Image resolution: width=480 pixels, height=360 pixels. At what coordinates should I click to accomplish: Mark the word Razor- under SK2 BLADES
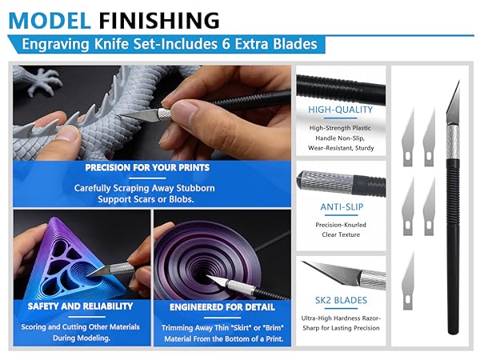click(x=365, y=318)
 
